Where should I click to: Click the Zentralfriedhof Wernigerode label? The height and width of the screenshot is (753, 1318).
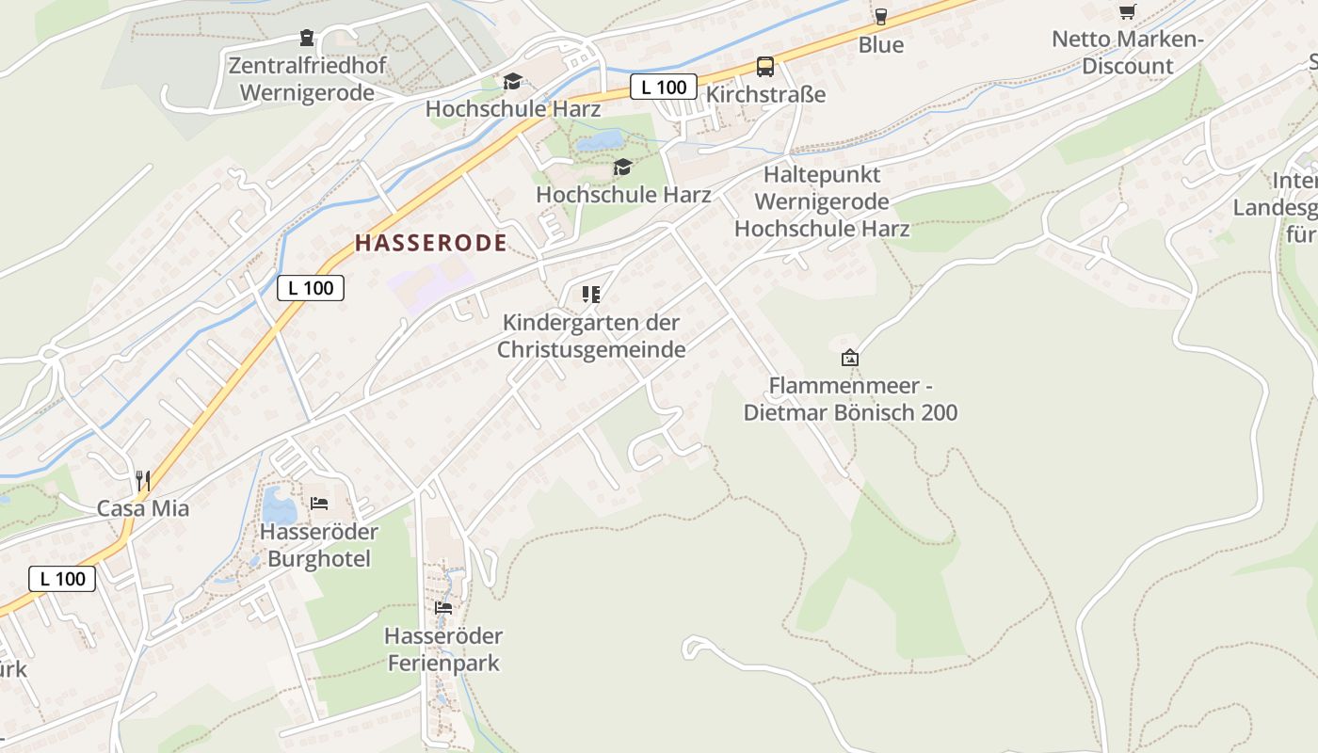[x=307, y=79]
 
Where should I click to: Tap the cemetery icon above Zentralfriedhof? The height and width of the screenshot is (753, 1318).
[x=307, y=39]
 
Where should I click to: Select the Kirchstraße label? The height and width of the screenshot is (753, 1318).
[x=765, y=94]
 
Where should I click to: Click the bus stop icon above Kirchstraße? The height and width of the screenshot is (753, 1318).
[x=765, y=67]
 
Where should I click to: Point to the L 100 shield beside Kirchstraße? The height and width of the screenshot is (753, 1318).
[x=664, y=87]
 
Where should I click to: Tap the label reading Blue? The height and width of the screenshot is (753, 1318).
[x=880, y=44]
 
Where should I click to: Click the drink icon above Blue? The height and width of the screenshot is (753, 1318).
[x=880, y=16]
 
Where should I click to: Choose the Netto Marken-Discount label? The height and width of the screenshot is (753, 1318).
[x=1127, y=53]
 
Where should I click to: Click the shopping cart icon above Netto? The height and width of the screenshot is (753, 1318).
[x=1127, y=12]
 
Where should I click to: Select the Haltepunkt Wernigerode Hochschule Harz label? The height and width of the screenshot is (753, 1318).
[x=822, y=201]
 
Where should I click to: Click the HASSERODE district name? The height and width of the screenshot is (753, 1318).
[x=431, y=243]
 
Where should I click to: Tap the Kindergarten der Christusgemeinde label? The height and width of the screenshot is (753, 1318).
[x=591, y=336]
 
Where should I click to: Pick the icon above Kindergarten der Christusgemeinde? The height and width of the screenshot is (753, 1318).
[x=591, y=295]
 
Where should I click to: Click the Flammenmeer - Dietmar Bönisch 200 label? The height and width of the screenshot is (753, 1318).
[x=850, y=399]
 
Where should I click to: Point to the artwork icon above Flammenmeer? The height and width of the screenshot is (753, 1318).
[x=850, y=358]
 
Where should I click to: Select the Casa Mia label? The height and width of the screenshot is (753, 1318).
[x=143, y=508]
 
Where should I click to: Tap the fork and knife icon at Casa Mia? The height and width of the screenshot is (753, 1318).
[x=143, y=481]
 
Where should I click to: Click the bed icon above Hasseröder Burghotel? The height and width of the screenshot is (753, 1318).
[x=319, y=504]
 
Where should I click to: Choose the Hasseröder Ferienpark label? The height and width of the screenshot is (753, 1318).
[x=443, y=649]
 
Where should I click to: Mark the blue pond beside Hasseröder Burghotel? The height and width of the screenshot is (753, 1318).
[x=280, y=505]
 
